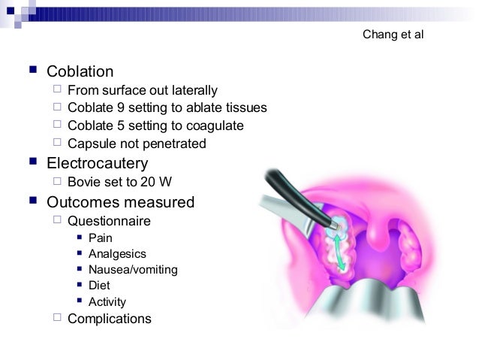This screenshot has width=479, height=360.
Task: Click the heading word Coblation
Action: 80,72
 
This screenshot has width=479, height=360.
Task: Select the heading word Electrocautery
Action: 97,163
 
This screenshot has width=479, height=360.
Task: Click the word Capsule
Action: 90,144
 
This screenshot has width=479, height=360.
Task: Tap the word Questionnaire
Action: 109,222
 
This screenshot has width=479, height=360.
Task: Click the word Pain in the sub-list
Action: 100,238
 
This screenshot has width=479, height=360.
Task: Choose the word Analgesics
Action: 117,254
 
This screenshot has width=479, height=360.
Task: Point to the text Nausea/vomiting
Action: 133,270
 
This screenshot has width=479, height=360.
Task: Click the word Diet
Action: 99,286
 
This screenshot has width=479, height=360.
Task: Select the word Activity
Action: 107,302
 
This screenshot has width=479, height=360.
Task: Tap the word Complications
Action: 110,319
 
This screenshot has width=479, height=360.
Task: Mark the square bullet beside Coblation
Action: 31,72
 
